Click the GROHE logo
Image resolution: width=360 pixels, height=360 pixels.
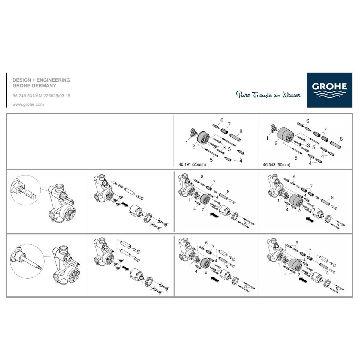pyautogui.click(x=329, y=90)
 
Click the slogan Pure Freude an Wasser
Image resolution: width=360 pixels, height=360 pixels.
pyautogui.click(x=268, y=94)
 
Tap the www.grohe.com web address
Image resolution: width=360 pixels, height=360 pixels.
pyautogui.click(x=28, y=104)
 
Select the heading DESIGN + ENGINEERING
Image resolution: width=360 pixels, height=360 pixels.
pyautogui.click(x=41, y=80)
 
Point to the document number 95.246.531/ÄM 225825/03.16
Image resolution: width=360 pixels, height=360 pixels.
pyautogui.click(x=41, y=96)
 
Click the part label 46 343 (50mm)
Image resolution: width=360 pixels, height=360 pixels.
pyautogui.click(x=277, y=165)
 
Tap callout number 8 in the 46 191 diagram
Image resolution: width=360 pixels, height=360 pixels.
pyautogui.click(x=241, y=131)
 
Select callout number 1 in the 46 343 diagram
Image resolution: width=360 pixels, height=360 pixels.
pyautogui.click(x=267, y=138)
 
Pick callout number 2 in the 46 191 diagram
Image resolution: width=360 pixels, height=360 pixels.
pyautogui.click(x=194, y=146)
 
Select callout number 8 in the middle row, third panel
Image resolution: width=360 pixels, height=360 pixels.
pyautogui.click(x=228, y=191)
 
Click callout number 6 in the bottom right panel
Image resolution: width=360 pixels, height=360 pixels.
pyautogui.click(x=297, y=243)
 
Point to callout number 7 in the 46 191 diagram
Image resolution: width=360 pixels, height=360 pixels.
pyautogui.click(x=229, y=124)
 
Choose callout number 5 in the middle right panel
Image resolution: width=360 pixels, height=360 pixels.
pyautogui.click(x=337, y=224)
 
